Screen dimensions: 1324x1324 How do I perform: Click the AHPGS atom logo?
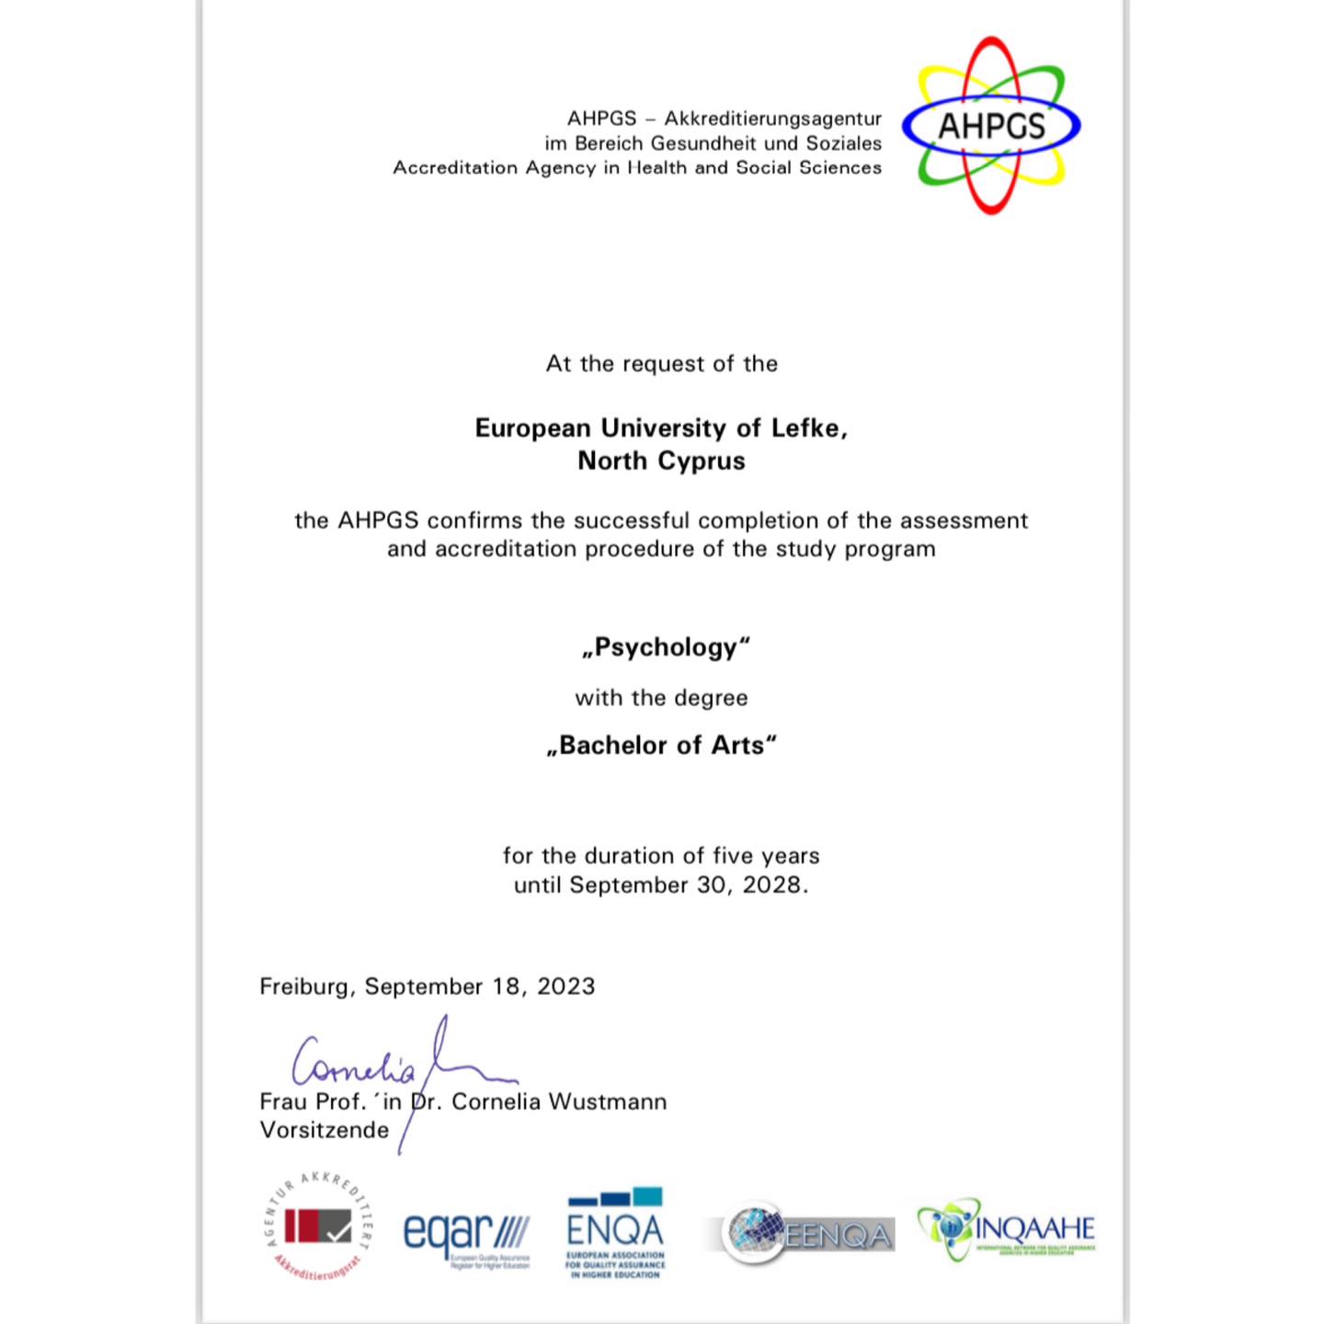coord(991,126)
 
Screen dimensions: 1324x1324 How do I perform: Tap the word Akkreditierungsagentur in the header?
coord(772,119)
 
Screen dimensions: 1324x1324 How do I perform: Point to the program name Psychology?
coord(666,647)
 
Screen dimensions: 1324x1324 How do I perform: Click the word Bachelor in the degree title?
coord(614,745)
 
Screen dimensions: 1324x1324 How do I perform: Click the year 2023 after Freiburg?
coord(565,987)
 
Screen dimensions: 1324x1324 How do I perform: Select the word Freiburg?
coord(303,987)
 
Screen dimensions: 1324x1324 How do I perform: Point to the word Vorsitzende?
coord(325,1130)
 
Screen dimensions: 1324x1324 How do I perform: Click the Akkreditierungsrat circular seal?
coord(318,1228)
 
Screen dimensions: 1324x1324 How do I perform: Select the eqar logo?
coord(467,1236)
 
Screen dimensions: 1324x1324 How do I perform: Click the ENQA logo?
coord(615,1232)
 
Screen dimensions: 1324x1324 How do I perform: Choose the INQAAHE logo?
coord(1007,1229)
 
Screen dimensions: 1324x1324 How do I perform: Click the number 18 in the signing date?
coord(506,987)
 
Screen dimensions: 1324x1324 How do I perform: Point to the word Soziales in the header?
coord(843,143)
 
